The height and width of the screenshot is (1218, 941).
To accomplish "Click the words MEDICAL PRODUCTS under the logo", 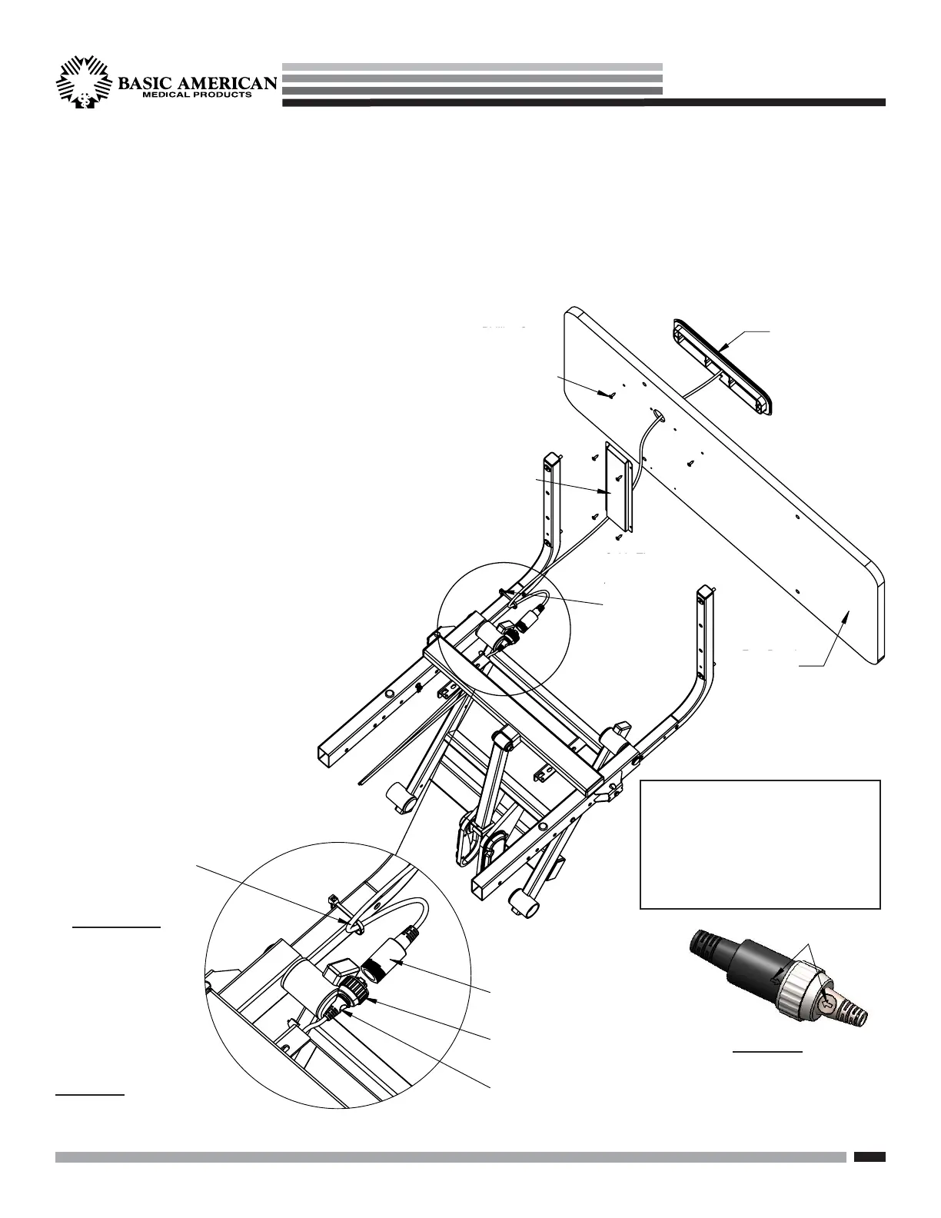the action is click(x=195, y=96).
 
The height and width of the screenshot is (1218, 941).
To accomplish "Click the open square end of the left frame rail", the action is click(x=329, y=753).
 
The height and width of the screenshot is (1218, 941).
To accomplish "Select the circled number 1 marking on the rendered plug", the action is click(x=827, y=1003).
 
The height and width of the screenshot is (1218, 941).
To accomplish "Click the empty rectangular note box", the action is click(x=760, y=844).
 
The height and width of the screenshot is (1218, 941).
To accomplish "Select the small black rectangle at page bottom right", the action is click(x=870, y=1156).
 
